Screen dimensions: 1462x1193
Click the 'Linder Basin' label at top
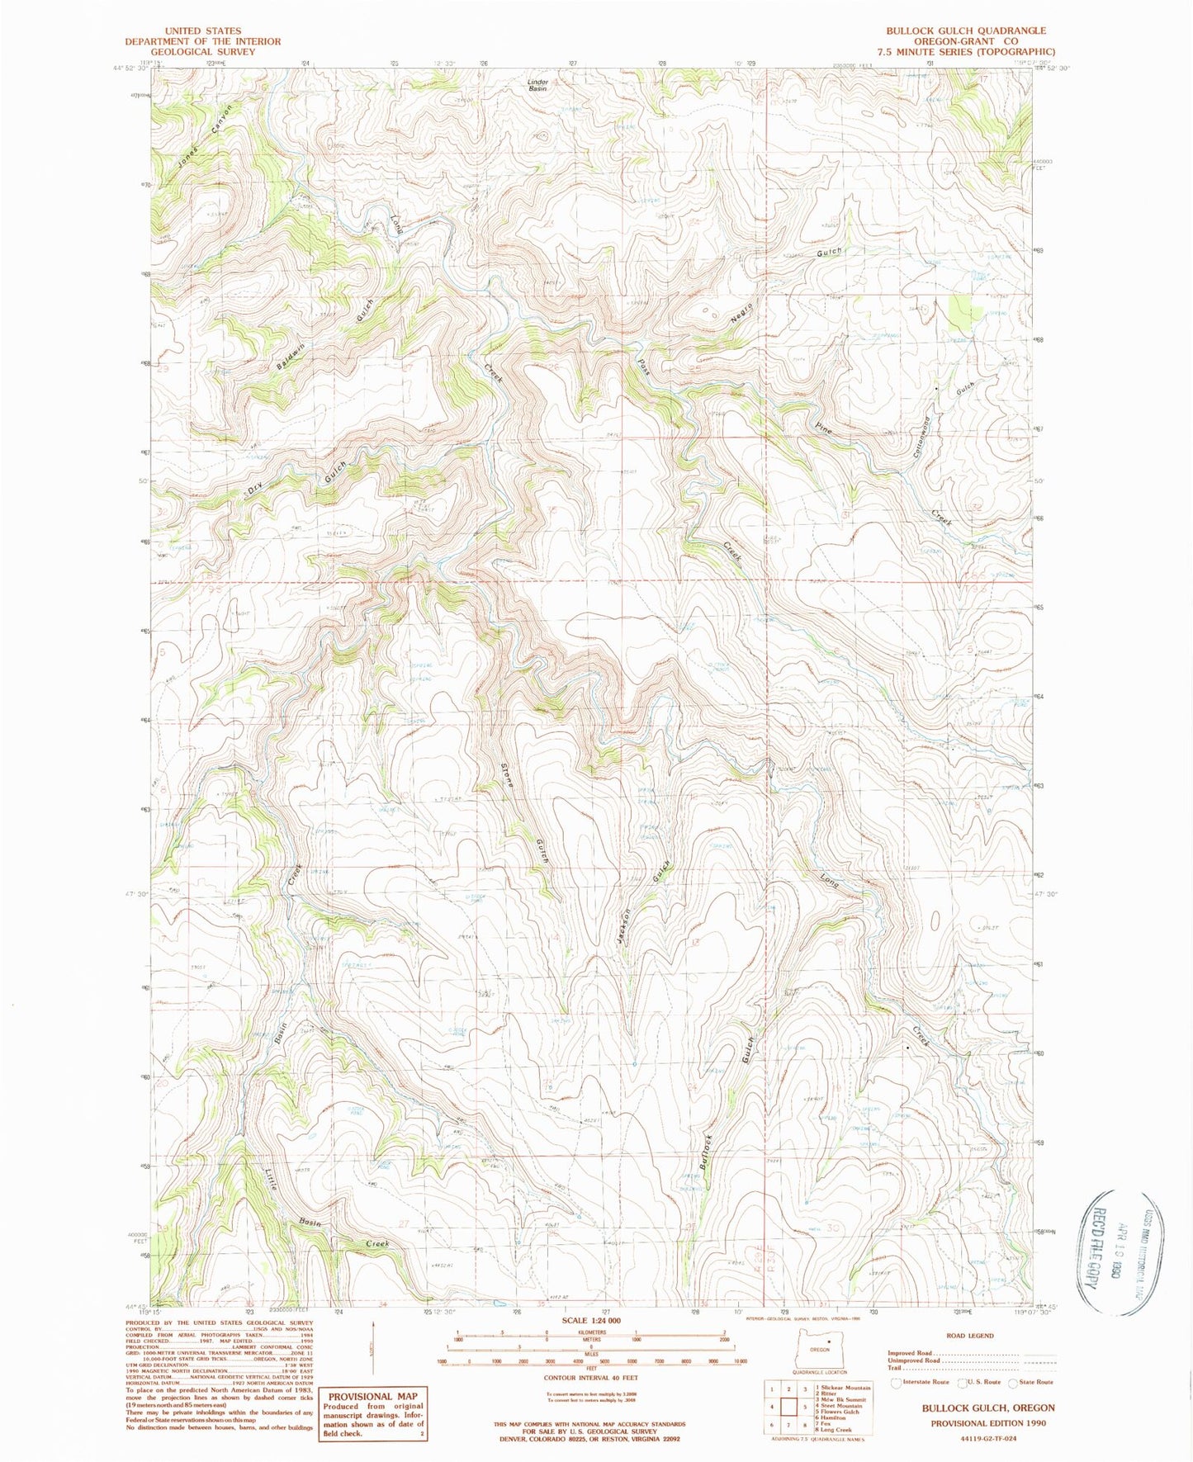tap(537, 85)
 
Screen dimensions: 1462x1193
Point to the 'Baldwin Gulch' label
tap(327, 334)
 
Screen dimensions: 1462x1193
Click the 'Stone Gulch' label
tap(523, 813)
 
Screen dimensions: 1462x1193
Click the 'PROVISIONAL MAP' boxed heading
tap(373, 1397)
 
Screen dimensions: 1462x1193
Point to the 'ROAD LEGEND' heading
tap(970, 1335)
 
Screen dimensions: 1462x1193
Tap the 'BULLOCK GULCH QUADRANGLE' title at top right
tap(966, 31)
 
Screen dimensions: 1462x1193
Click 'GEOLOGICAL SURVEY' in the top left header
tap(202, 51)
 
